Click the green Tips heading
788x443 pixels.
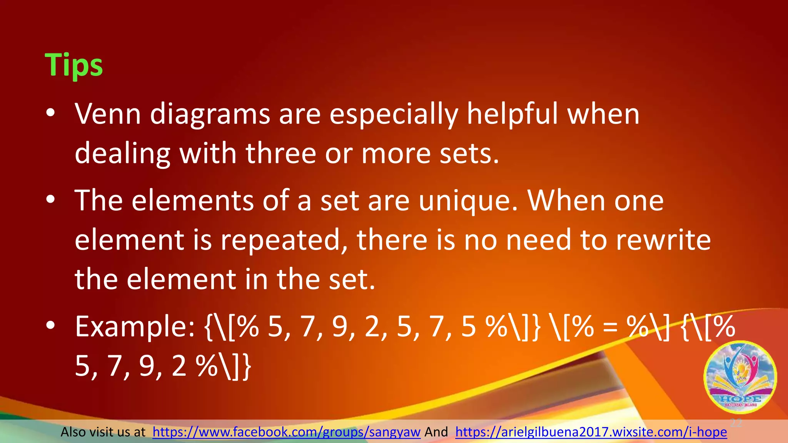tap(73, 65)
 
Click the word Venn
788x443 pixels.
tap(108, 114)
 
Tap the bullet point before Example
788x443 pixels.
tap(50, 326)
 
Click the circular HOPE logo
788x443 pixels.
tap(740, 377)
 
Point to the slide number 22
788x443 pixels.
tap(736, 423)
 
